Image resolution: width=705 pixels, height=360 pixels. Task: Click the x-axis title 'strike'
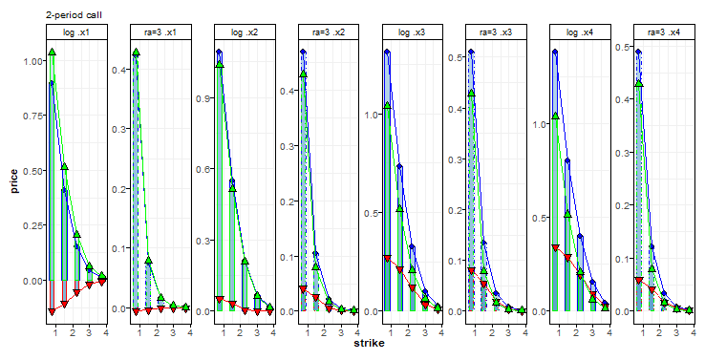point(370,342)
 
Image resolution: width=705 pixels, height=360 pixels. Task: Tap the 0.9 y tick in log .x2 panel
point(203,98)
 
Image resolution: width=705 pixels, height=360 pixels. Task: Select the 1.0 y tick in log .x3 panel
point(371,115)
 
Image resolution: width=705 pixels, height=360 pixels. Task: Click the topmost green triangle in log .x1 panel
point(52,53)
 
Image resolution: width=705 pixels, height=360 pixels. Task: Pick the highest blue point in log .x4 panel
point(555,53)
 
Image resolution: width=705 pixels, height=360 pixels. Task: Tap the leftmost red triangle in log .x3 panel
point(387,259)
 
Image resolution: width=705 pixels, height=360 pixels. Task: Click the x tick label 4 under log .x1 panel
point(105,333)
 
